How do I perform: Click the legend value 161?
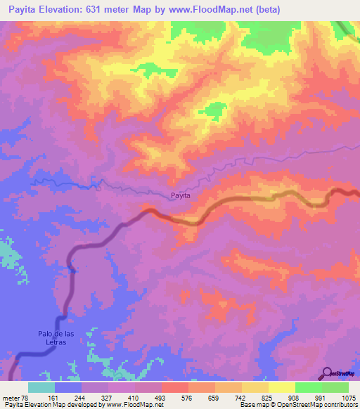tap(41, 397)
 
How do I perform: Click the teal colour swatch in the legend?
tap(41, 387)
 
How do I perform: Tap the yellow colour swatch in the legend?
tap(282, 387)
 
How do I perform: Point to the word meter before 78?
tap(11, 397)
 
